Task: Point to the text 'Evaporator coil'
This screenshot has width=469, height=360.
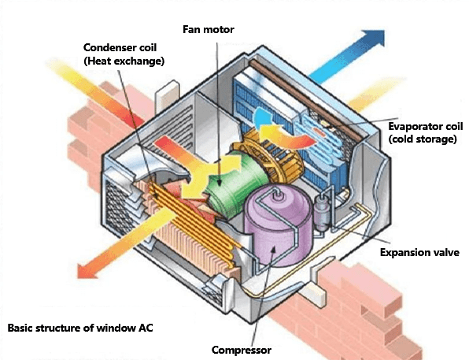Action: pos(424,126)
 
